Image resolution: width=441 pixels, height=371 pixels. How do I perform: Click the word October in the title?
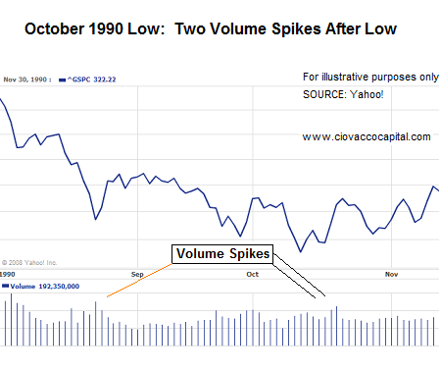click(56, 29)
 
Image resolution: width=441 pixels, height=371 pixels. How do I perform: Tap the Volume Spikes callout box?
click(221, 254)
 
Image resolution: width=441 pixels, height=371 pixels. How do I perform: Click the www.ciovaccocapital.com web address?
click(366, 136)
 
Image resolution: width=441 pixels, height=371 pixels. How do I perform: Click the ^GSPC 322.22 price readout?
click(89, 79)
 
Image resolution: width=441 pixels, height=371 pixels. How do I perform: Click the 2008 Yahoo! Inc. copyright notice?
click(29, 262)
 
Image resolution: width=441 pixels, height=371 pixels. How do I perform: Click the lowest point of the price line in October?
click(301, 251)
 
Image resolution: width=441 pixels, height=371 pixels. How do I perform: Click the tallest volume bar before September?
click(95, 323)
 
